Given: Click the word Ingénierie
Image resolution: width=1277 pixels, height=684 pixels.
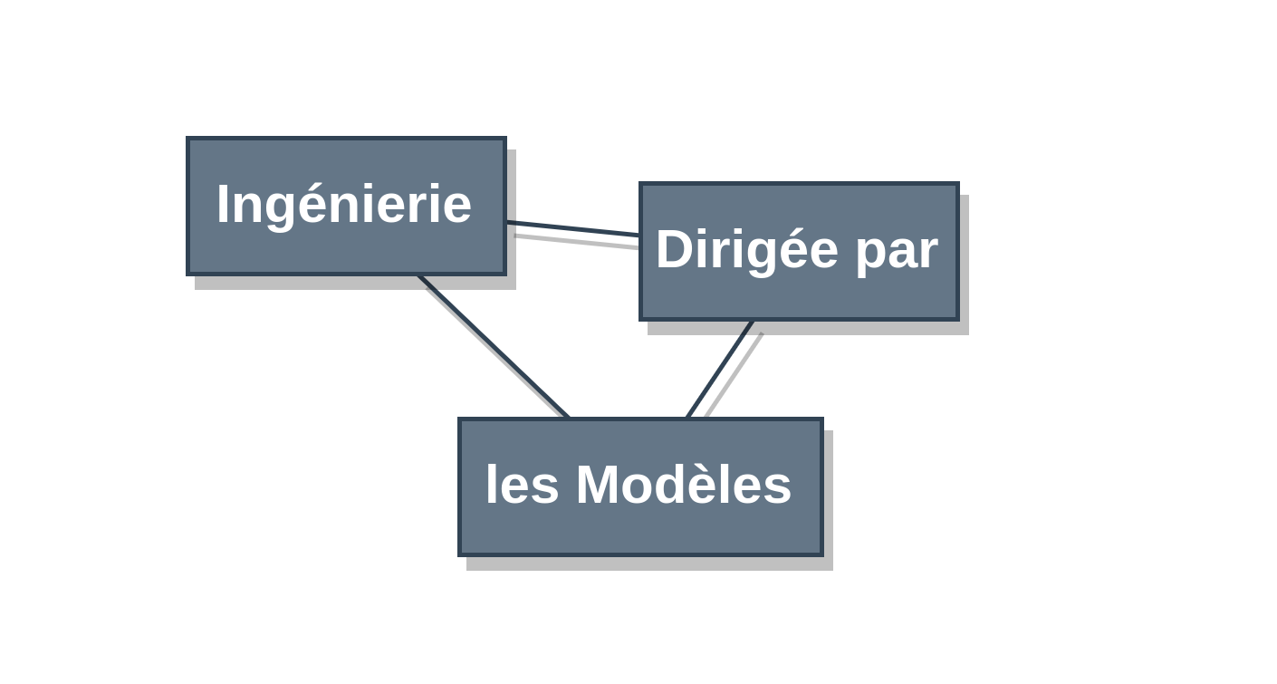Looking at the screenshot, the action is pos(344,207).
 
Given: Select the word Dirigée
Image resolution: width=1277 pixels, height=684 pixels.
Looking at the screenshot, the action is pos(747,252).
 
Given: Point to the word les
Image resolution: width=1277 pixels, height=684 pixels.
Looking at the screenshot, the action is pos(522,485).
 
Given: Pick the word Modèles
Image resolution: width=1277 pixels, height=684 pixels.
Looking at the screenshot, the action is pos(684,485).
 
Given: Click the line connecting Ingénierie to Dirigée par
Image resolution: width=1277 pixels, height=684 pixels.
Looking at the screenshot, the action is pos(572,228).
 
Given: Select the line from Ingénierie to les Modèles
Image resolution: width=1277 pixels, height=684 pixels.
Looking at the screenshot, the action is pos(493,346).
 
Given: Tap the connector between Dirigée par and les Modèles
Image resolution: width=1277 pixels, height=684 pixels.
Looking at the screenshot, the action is pos(720,369).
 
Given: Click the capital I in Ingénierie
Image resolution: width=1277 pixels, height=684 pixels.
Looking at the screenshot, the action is pos(221,204).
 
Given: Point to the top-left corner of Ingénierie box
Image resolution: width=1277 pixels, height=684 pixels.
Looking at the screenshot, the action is pos(187,137).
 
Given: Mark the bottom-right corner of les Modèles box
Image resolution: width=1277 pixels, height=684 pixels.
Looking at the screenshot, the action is pos(823,555).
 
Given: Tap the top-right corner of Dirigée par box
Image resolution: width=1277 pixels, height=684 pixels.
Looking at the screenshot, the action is pos(959,183).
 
